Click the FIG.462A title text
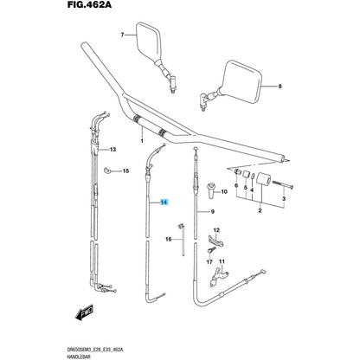pyautogui.click(x=89, y=4)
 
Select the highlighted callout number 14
pyautogui.click(x=164, y=202)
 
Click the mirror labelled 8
pyautogui.click(x=234, y=84)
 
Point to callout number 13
pyautogui.click(x=112, y=150)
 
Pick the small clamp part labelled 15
pyautogui.click(x=107, y=170)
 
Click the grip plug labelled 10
pyautogui.click(x=211, y=190)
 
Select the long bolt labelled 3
pyautogui.click(x=282, y=185)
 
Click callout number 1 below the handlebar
pyautogui.click(x=142, y=141)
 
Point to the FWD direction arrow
pyautogui.click(x=84, y=312)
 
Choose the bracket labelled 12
pyautogui.click(x=215, y=241)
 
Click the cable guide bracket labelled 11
pyautogui.click(x=219, y=276)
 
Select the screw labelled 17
pyautogui.click(x=211, y=250)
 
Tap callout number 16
pyautogui.click(x=169, y=239)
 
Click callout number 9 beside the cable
pyautogui.click(x=213, y=212)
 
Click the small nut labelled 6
pyautogui.click(x=237, y=171)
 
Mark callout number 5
pyautogui.click(x=246, y=188)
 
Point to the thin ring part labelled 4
pyautogui.click(x=253, y=177)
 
